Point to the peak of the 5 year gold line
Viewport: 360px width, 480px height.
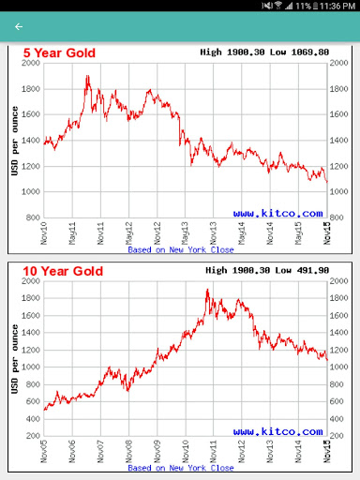[x=87, y=76]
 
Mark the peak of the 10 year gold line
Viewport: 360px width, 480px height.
[x=207, y=290]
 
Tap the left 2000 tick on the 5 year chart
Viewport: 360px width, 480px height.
[x=30, y=64]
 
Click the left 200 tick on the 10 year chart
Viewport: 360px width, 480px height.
[x=33, y=436]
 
